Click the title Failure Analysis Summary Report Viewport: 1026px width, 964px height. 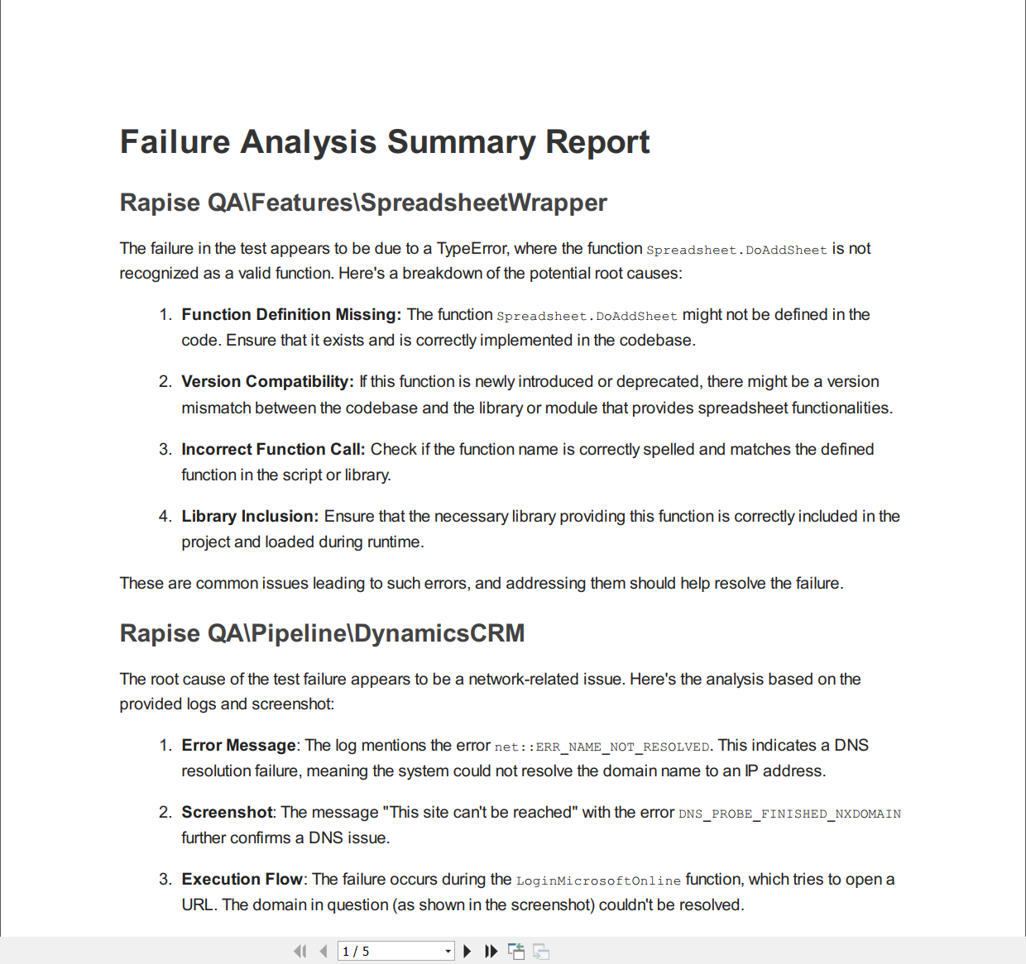click(x=385, y=142)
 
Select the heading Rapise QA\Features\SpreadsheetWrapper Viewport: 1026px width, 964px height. click(x=363, y=203)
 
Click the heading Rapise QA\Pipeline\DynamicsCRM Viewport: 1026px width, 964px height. click(x=322, y=633)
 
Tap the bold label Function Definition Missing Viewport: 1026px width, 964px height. click(x=291, y=315)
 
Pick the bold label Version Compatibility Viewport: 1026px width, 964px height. click(x=267, y=382)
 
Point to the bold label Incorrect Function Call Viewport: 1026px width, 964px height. click(x=273, y=450)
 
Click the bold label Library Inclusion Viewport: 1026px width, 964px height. click(x=250, y=517)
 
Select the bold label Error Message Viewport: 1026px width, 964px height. click(x=238, y=746)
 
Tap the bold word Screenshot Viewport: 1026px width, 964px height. click(x=227, y=813)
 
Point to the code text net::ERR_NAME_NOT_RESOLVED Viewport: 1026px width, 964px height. click(x=602, y=747)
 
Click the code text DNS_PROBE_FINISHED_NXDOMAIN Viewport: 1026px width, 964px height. click(x=789, y=814)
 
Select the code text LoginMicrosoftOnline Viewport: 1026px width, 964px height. click(x=598, y=881)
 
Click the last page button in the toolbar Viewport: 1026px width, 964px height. click(x=491, y=952)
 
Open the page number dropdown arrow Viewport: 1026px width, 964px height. click(x=448, y=952)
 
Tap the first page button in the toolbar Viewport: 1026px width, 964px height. click(x=300, y=952)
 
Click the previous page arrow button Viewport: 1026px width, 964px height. click(x=324, y=952)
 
